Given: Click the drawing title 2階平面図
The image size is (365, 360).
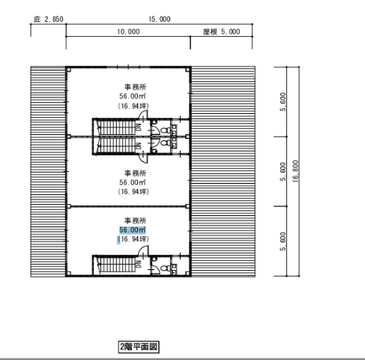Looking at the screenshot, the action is (139, 347).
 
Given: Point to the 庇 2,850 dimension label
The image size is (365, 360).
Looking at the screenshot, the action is (49, 19).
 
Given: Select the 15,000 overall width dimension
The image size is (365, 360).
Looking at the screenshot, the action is (160, 19).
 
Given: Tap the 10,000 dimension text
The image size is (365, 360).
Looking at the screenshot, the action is (128, 31).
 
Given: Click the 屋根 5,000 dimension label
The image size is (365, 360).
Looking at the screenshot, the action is (221, 31).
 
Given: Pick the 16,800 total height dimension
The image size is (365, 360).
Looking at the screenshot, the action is (295, 171).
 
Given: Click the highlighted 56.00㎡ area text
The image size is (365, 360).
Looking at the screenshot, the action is (133, 230).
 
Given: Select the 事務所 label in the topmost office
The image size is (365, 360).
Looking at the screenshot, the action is (135, 87).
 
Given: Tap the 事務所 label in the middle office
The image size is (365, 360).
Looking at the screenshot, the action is (135, 173).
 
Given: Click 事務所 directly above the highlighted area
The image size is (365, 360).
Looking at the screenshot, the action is (135, 220).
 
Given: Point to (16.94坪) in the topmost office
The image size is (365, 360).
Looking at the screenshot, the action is (133, 106).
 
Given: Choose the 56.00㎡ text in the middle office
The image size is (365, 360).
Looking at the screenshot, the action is (133, 182).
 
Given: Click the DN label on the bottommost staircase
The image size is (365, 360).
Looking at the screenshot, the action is (139, 265).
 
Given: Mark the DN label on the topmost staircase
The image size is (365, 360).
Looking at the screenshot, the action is (139, 127).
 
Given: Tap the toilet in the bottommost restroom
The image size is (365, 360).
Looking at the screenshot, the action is (165, 268).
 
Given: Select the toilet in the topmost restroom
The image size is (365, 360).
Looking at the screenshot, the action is (165, 130).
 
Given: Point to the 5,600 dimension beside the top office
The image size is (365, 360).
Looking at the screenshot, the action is (283, 102).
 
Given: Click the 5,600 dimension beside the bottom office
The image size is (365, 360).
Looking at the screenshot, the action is (283, 241).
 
